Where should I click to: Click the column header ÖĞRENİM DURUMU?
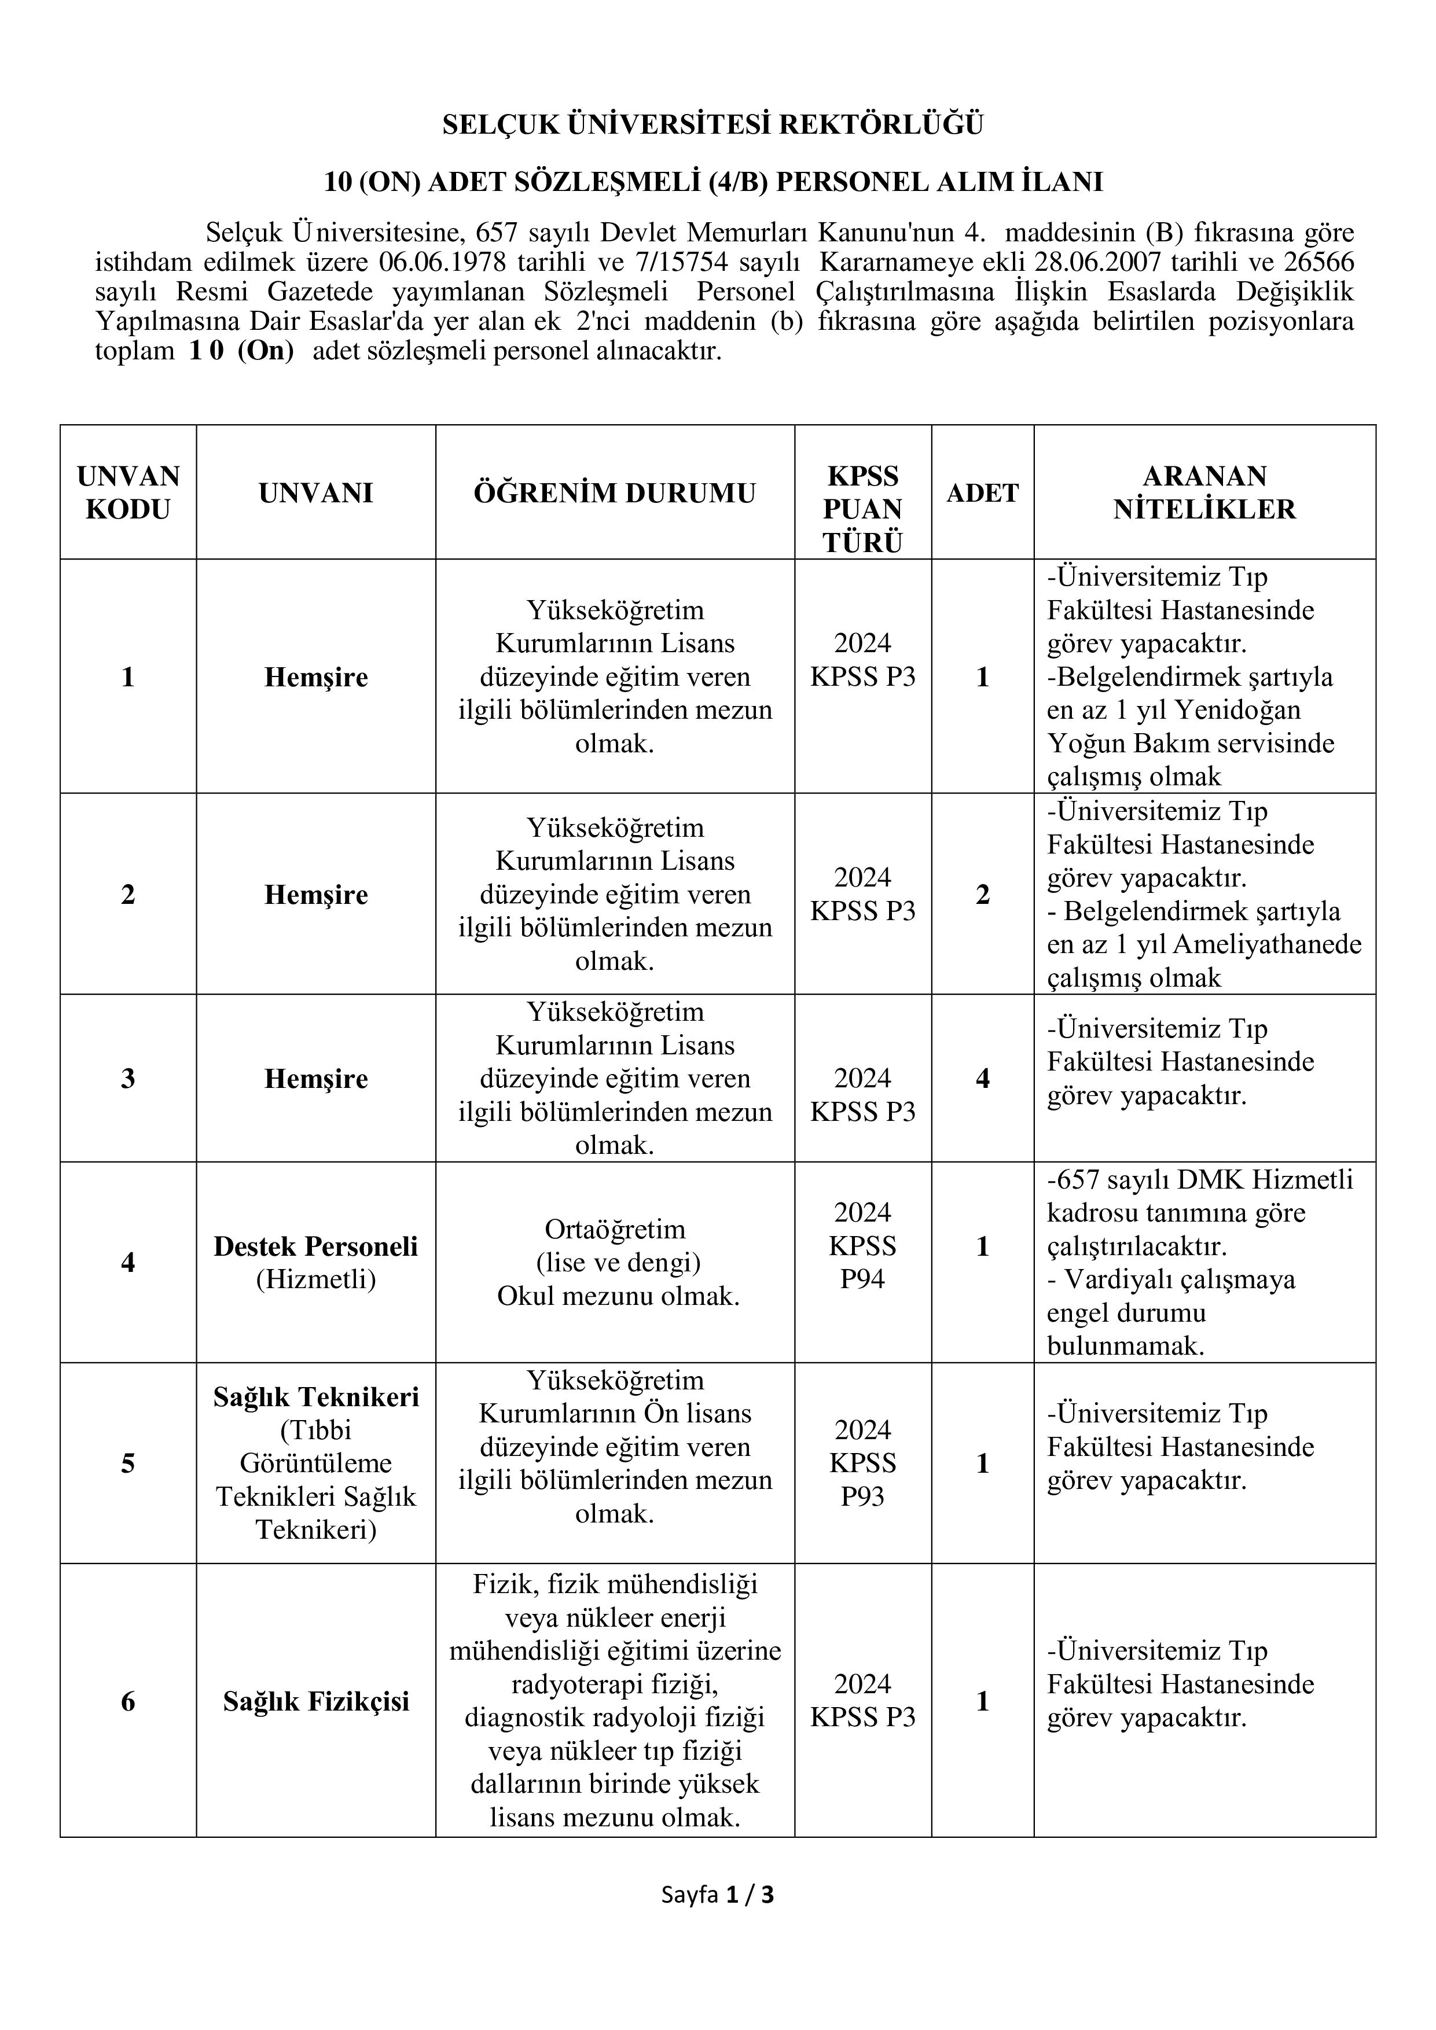coord(615,492)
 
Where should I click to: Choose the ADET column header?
coord(982,492)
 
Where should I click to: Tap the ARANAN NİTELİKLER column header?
coord(1204,492)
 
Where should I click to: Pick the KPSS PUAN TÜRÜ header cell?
coord(862,509)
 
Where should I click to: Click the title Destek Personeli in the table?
coord(315,1246)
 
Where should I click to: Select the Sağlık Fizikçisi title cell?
coord(315,1701)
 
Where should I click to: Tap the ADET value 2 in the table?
coord(982,894)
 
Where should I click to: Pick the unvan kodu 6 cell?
coord(128,1701)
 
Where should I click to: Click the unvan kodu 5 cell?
coord(128,1463)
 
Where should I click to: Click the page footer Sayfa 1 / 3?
coord(717,1895)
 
